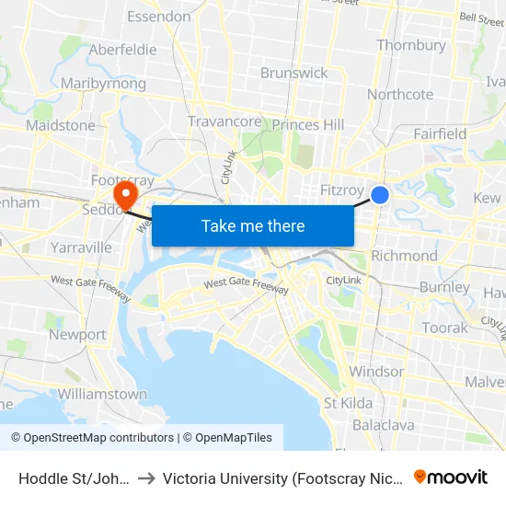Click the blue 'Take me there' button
coord(253,225)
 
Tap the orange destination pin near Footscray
coord(122,194)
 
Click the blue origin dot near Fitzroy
coord(379,195)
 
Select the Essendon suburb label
coord(159,17)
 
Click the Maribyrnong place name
coord(103,84)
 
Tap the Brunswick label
coord(294,73)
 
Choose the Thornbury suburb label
coord(411,45)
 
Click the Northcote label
coord(400,94)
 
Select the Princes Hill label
coord(308,125)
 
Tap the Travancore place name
coord(224,121)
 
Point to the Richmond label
coord(404,256)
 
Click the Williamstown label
coord(101,394)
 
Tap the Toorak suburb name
coord(444,328)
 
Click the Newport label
coord(77,335)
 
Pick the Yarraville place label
coord(81,247)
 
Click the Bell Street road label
coord(481,17)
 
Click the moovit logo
coord(451,477)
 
